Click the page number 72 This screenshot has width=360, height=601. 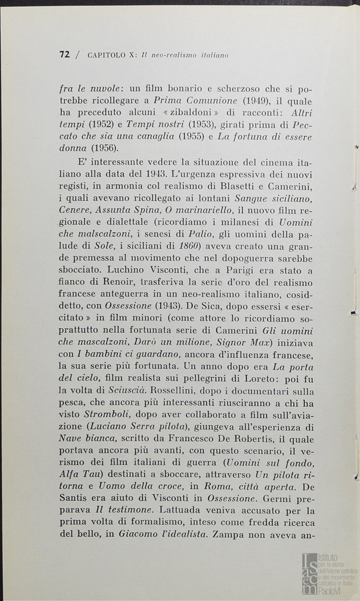pyautogui.click(x=65, y=55)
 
